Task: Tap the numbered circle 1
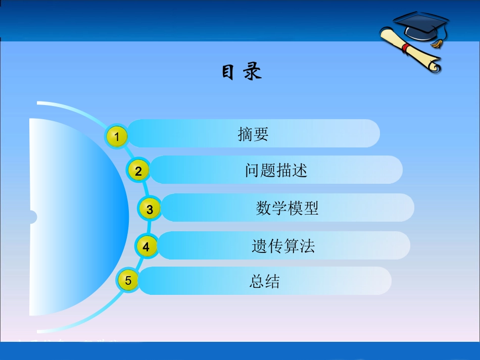point(117,136)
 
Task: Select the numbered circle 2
point(138,171)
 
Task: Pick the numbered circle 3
point(150,209)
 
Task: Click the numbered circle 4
point(147,247)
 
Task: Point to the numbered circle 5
point(128,281)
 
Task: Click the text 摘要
point(253,134)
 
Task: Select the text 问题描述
point(276,170)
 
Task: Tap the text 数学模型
point(287,208)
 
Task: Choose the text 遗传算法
point(283,246)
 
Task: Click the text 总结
point(264,281)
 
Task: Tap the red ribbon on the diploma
point(405,47)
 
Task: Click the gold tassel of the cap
point(437,43)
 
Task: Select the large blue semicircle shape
point(76,217)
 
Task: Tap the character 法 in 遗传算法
point(307,246)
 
